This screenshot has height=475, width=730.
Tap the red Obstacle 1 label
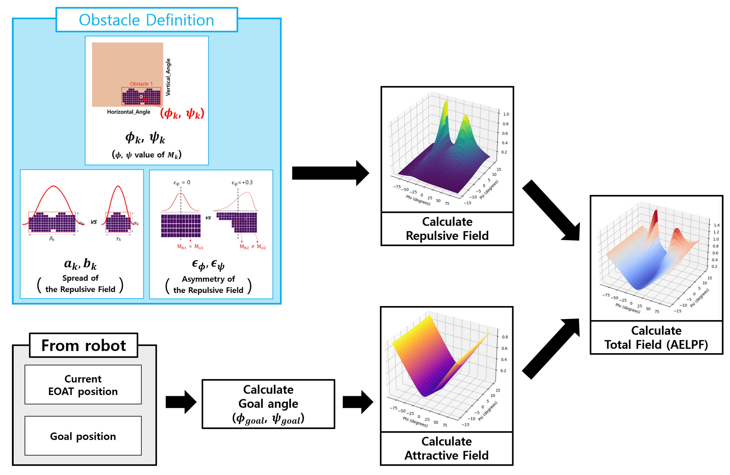141,84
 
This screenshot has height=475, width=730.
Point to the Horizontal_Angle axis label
129,112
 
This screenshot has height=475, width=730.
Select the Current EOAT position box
83,385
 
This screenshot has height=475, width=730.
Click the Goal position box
83,436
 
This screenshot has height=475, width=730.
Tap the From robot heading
83,346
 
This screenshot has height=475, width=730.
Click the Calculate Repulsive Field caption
447,229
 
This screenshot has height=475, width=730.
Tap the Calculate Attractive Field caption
446,448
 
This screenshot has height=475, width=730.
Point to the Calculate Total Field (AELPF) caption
656,338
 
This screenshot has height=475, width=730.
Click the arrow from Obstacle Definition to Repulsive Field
330,173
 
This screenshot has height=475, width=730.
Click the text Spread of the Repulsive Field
80,284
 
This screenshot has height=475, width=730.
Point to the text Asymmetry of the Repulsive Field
208,285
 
